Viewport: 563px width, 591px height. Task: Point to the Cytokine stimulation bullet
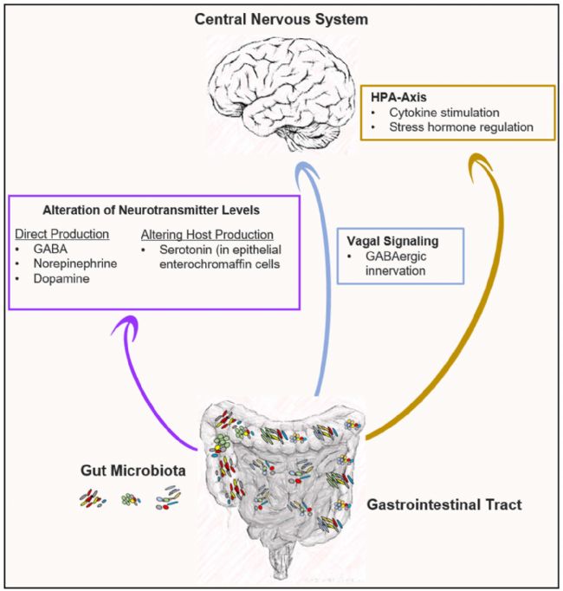(x=444, y=113)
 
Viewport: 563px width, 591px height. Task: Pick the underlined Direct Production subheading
(x=61, y=235)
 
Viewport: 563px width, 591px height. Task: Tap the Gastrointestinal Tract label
(x=444, y=503)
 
